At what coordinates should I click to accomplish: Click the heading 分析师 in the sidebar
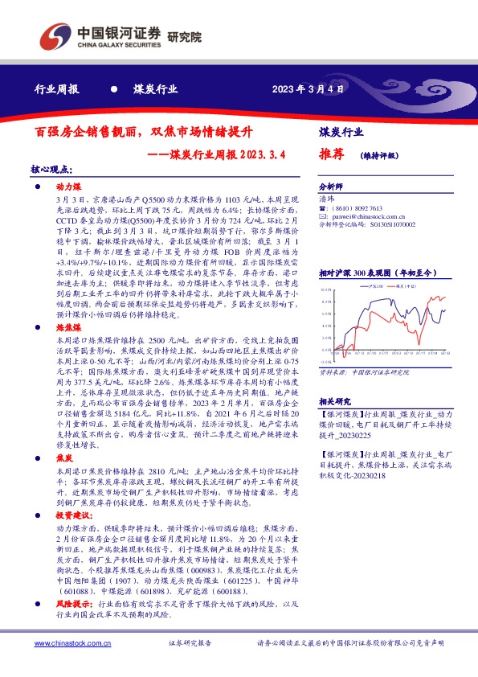click(331, 184)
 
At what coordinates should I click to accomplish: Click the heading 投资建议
click(71, 511)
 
